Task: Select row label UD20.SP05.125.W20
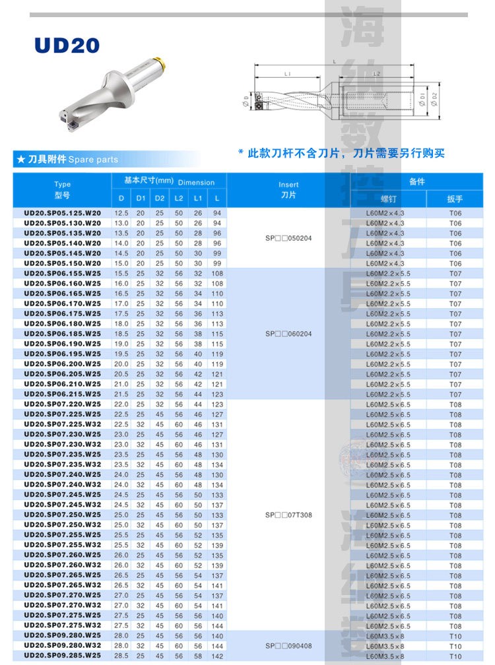[x=63, y=213]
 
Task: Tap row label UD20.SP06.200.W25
[x=63, y=364]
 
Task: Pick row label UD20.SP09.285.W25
[x=63, y=656]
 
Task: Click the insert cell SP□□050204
[x=288, y=238]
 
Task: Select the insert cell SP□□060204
[x=288, y=334]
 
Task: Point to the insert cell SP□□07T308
[x=288, y=515]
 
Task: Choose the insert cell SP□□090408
[x=288, y=646]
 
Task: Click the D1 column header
[x=141, y=198]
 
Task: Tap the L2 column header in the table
[x=179, y=198]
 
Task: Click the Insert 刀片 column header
[x=288, y=190]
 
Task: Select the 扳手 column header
[x=455, y=199]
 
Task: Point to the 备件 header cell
[x=417, y=181]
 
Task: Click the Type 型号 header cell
[x=63, y=190]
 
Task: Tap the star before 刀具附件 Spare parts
[x=21, y=159]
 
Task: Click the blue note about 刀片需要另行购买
[x=341, y=153]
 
